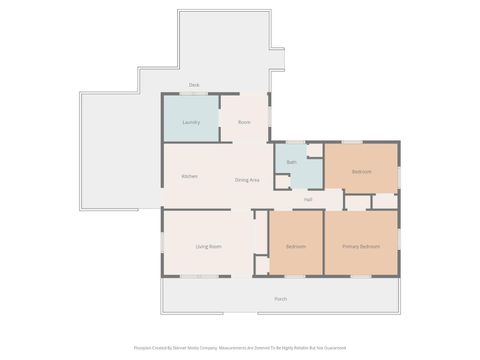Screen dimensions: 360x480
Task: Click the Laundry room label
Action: pos(191,122)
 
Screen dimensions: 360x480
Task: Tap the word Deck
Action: pos(194,85)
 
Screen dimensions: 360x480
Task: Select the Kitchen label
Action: pos(189,176)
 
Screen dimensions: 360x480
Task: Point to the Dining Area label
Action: pos(247,179)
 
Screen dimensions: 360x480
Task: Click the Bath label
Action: pos(292,161)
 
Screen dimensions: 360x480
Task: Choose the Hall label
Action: pos(308,200)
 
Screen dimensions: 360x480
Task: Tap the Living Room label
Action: pos(208,246)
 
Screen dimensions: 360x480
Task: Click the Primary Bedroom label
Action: pos(361,246)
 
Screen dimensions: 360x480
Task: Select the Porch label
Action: pos(281,298)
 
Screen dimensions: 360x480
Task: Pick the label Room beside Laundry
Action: pos(244,122)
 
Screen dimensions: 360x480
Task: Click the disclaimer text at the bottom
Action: pos(240,348)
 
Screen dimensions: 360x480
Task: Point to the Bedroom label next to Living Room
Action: pos(295,246)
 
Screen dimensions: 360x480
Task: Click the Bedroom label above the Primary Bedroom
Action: pos(361,172)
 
